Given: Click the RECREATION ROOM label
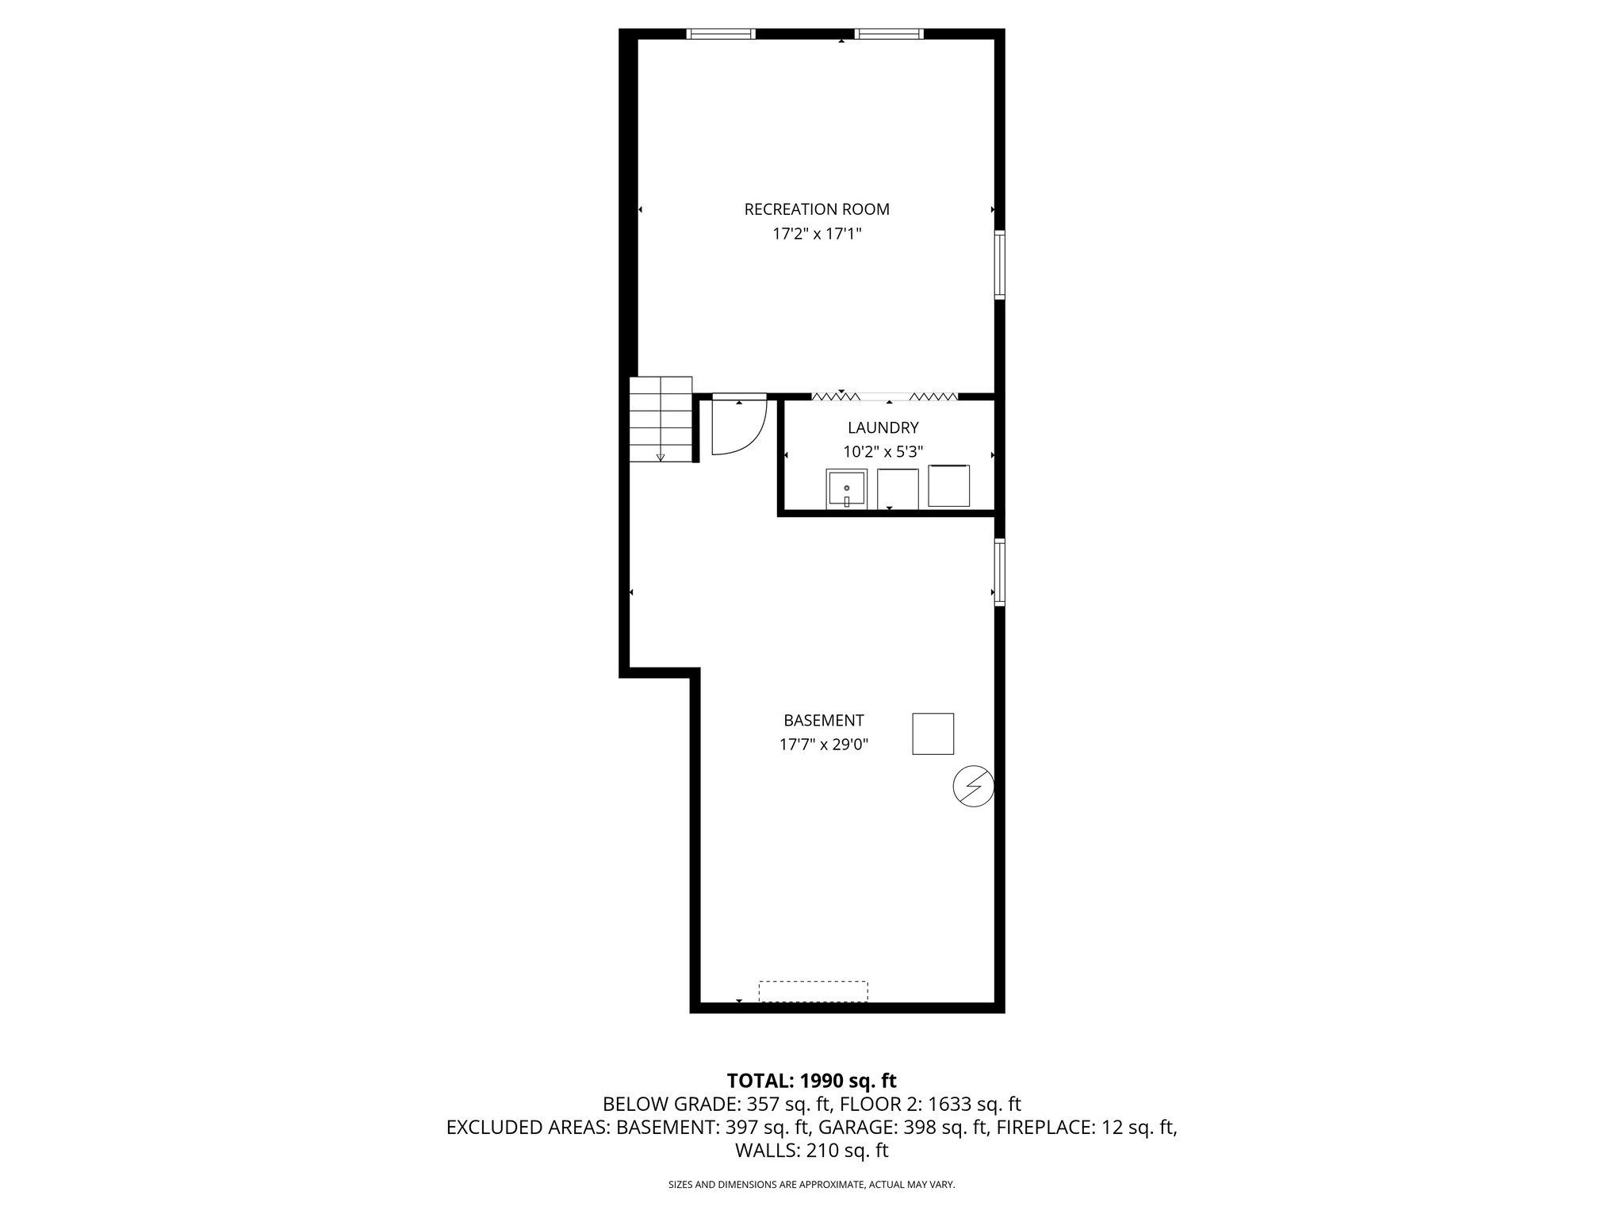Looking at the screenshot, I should click(817, 209).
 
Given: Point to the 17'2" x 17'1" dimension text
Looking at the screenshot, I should click(817, 234).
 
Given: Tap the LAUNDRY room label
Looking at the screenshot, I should click(883, 428).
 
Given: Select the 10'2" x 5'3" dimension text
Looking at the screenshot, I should click(883, 452).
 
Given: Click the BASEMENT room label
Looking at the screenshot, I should click(823, 721).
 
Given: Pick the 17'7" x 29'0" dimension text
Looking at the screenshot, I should click(823, 745).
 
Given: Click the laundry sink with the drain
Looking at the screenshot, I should click(847, 488).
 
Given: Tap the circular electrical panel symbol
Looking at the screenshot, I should click(973, 786).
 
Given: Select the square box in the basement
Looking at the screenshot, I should click(933, 733).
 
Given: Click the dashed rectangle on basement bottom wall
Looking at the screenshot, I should click(813, 991).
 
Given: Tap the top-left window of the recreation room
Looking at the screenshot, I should click(721, 33).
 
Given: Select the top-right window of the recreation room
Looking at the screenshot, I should click(889, 33).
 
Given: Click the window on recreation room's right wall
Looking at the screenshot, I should click(1000, 265).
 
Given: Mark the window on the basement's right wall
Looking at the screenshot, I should click(1000, 573).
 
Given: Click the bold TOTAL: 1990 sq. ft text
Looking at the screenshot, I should click(811, 1080).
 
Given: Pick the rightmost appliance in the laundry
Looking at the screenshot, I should click(948, 486).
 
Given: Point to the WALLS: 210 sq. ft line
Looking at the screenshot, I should click(811, 1151).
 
